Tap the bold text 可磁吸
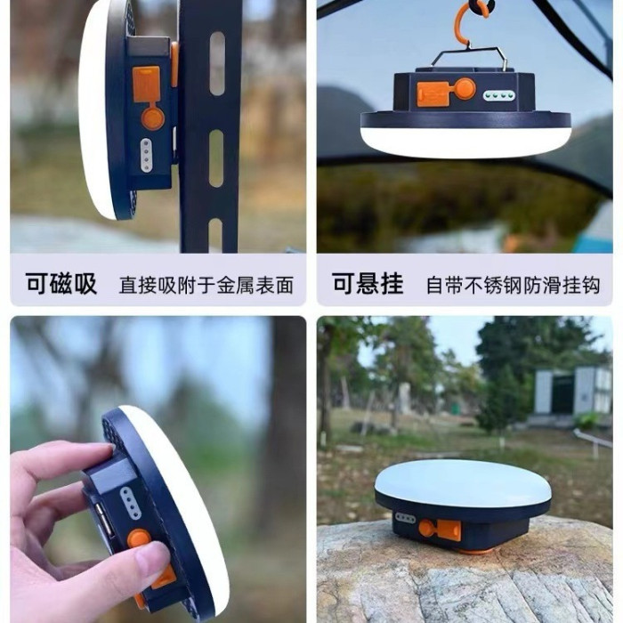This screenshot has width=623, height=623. [61, 284]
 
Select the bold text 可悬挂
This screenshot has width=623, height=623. [368, 284]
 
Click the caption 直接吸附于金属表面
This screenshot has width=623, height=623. [206, 286]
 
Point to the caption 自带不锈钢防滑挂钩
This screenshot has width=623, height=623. [513, 286]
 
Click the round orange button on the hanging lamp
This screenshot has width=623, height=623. [465, 89]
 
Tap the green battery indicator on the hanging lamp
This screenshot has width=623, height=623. [499, 95]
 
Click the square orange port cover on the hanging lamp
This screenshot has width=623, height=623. [433, 94]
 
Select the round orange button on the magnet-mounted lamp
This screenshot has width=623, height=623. [153, 118]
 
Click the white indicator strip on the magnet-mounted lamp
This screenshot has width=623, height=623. [146, 155]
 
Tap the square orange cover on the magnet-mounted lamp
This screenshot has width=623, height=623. [146, 84]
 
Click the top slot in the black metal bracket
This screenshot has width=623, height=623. [217, 63]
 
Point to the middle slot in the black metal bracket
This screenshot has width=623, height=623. [216, 158]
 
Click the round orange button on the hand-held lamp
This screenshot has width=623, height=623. [139, 539]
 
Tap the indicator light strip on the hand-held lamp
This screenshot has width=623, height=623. [130, 503]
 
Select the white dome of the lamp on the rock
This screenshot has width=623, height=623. [463, 482]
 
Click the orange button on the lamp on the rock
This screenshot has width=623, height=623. [426, 529]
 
